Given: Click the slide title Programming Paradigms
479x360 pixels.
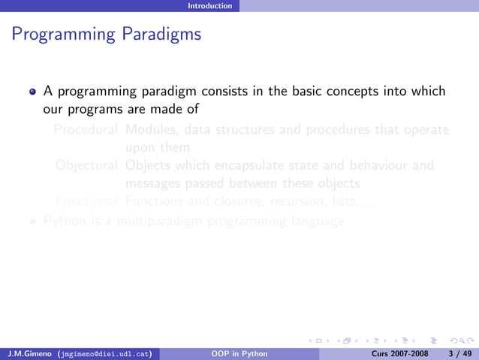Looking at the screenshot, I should coord(107,35).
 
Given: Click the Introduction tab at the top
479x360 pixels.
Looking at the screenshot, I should coord(210,5).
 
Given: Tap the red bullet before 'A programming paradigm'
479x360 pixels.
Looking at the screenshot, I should coord(32,92).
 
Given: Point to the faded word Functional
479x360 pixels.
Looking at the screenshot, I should coord(86,201).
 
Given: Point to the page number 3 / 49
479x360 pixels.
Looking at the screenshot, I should coord(458,352).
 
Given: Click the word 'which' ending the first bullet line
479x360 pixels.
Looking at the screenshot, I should coord(426,92).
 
